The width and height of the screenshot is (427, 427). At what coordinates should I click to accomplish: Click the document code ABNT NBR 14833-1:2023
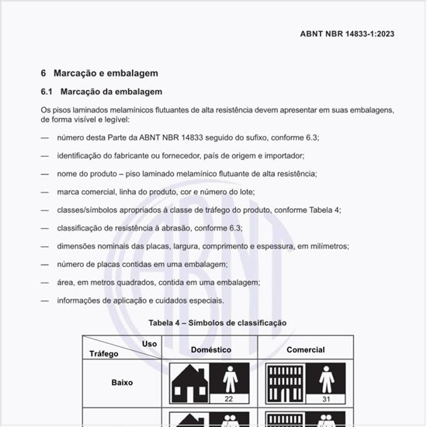(346, 33)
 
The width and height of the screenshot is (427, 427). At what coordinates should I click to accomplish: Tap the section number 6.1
(46, 92)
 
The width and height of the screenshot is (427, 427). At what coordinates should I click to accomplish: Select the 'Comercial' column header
(306, 350)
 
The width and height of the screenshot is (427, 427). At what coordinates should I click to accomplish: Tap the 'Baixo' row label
(123, 383)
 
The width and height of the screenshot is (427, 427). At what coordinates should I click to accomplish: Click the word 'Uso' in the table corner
(149, 344)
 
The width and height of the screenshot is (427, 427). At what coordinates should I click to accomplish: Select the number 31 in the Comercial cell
(326, 399)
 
